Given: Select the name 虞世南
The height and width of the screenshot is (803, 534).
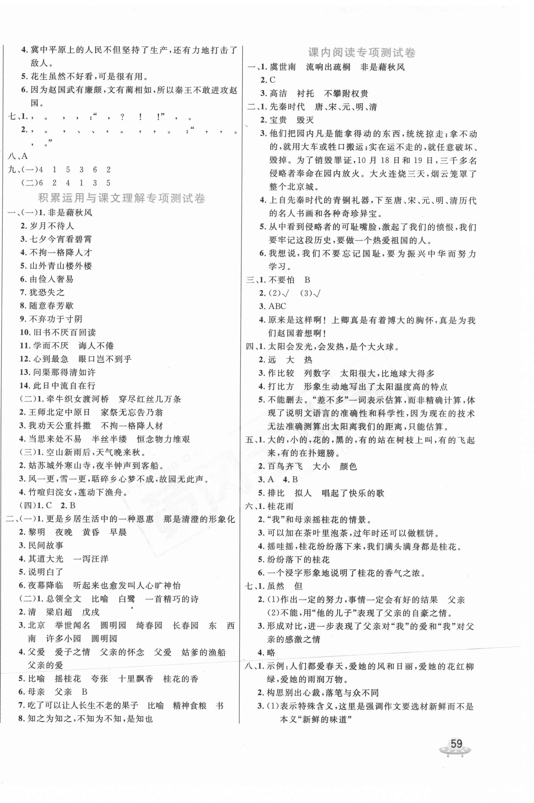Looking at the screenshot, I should (x=282, y=67).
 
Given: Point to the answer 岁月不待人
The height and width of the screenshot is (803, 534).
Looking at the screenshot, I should (x=52, y=226).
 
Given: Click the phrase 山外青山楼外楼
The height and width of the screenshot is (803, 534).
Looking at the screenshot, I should (x=61, y=266).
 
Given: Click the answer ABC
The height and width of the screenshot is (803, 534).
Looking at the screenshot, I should (x=277, y=306).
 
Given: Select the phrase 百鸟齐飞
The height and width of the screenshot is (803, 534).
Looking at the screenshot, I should (x=285, y=466).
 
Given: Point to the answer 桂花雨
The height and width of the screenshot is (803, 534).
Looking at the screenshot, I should (x=281, y=506).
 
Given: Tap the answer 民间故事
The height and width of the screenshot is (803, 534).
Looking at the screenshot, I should (x=46, y=546).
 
